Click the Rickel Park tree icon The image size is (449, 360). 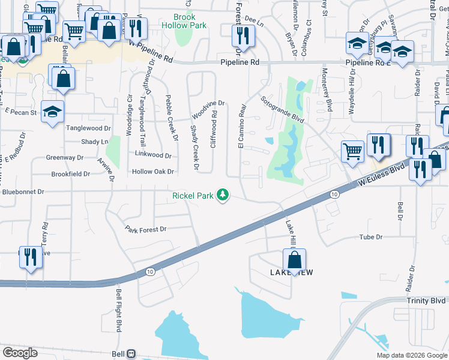point(223,195)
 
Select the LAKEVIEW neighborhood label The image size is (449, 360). point(293,272)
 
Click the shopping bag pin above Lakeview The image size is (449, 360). point(294,260)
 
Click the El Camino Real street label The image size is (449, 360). point(242,126)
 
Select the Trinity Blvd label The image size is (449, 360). point(426,300)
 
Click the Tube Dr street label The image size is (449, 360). point(370,237)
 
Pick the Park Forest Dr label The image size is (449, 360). point(145,229)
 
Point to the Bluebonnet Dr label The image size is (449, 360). point(23,193)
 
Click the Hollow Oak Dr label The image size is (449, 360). point(152,172)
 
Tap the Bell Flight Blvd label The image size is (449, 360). point(118,311)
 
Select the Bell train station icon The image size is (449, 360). point(131,354)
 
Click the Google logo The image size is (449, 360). point(20,353)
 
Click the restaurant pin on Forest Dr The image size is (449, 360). point(243,37)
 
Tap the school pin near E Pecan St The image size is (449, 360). point(52,112)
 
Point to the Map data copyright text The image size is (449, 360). point(412,355)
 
